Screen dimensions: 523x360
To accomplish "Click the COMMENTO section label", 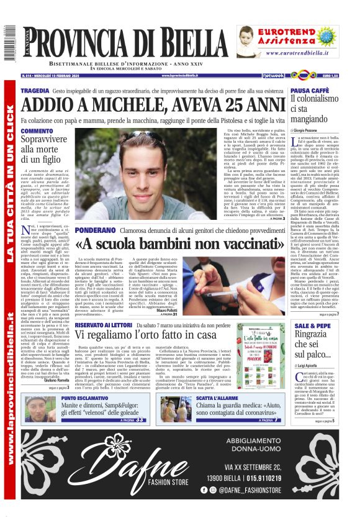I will (37, 131).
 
